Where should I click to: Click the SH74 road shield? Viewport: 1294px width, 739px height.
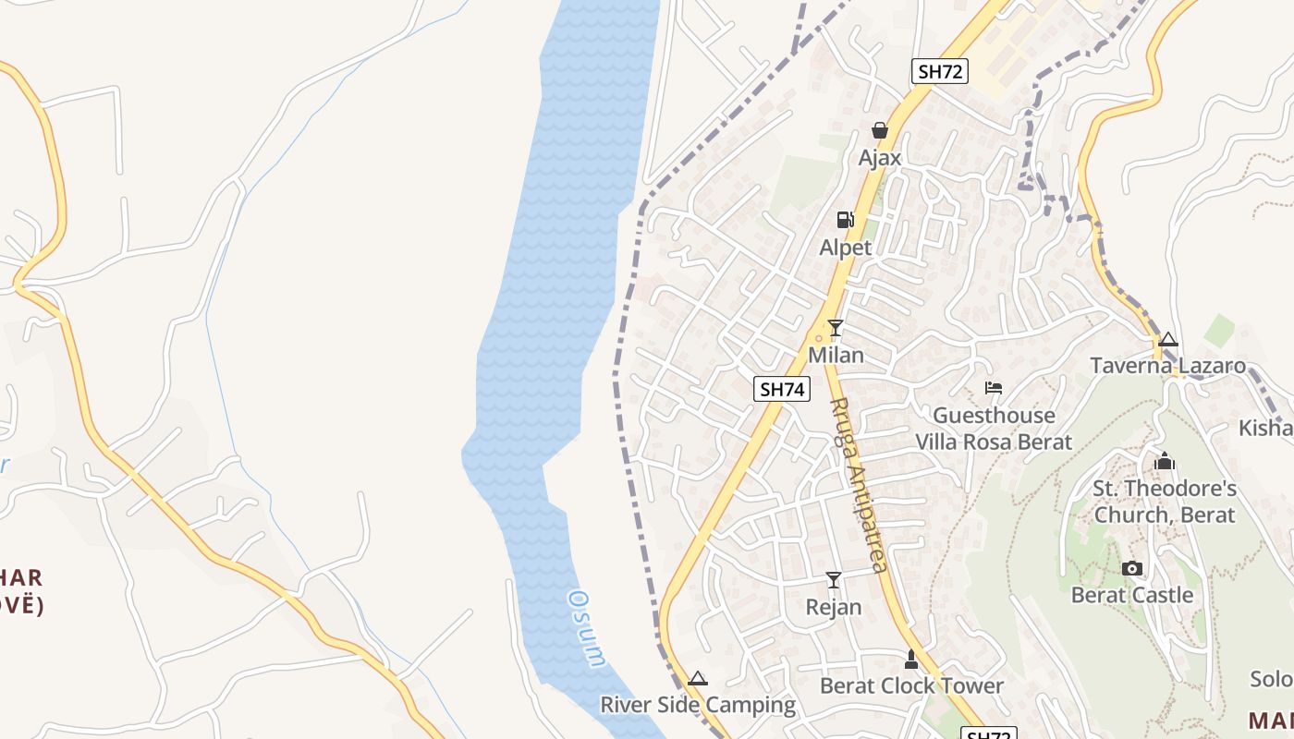coord(782,389)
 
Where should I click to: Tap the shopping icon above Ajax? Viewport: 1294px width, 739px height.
coord(879,130)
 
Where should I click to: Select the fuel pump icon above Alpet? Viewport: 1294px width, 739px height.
coord(845,220)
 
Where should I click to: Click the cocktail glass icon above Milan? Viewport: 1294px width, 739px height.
coord(836,327)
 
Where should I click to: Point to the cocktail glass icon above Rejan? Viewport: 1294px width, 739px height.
coord(834,579)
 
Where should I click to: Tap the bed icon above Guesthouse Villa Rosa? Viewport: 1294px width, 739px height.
coord(994,388)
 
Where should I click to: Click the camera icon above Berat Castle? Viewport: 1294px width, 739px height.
coord(1131,568)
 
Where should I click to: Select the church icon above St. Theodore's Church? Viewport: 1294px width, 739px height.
coord(1165,460)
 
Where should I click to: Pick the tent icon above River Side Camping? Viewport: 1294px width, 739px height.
coord(698,678)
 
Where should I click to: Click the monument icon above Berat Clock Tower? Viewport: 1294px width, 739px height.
coord(911,659)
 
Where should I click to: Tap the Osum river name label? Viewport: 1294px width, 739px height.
coord(586,628)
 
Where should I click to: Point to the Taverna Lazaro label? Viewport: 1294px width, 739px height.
coord(1168,366)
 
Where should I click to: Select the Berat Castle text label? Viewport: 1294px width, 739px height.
coord(1132,595)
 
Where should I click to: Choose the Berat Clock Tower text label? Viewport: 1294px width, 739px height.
coord(911,685)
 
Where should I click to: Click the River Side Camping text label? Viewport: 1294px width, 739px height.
coord(698,705)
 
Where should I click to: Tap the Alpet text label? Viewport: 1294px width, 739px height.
coord(846,248)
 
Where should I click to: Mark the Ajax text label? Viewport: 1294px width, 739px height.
coord(880,158)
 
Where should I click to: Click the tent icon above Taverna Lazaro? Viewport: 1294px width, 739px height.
coord(1168,340)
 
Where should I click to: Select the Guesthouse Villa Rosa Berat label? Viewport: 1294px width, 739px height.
coord(994,429)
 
